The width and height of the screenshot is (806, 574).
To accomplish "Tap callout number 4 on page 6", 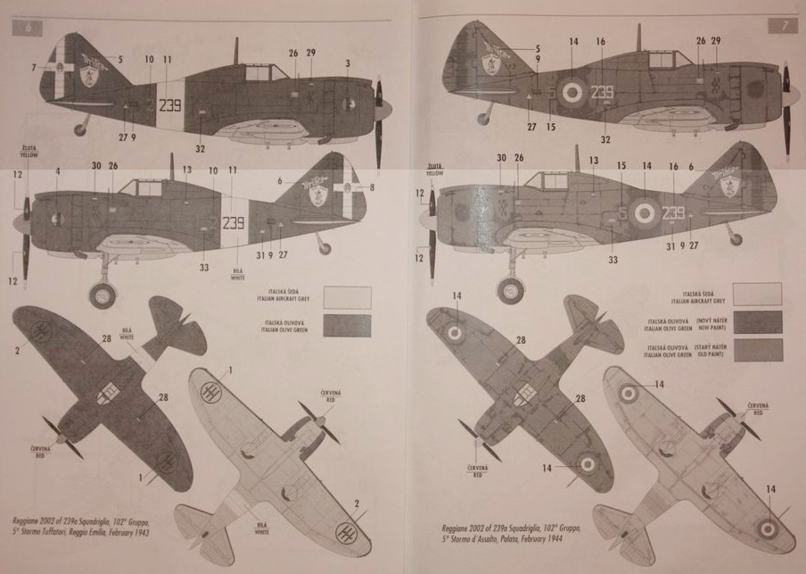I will click(57, 171).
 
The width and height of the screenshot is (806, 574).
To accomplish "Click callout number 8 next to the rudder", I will click(372, 187).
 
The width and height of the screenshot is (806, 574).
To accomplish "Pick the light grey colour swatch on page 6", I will click(348, 296).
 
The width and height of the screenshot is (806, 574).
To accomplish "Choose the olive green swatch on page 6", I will click(348, 324).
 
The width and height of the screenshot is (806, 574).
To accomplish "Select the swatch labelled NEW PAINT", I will click(756, 322).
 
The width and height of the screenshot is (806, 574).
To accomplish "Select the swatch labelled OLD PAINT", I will click(756, 350).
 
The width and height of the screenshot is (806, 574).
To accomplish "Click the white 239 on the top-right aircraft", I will click(603, 92).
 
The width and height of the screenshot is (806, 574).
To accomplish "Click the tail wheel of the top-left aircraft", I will click(81, 129).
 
